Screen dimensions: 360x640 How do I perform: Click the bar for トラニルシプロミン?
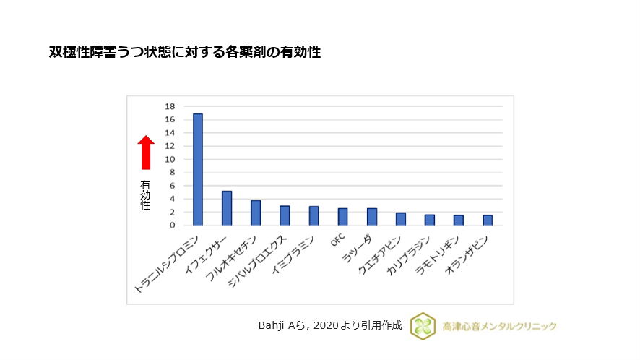pos(197,169)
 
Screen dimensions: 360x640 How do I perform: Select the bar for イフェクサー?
pos(227,208)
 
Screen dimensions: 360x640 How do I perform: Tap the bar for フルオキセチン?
pos(256,213)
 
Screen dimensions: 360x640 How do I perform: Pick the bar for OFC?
pos(342,217)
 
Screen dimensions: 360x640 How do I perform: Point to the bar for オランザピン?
pos(488,220)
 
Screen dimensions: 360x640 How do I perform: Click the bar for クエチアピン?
pos(401,219)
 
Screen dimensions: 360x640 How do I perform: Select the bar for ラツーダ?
pos(371,217)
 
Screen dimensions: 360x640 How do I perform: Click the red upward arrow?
pos(146,152)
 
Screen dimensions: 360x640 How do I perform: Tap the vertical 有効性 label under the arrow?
pos(145,195)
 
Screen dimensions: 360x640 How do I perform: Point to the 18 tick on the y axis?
pos(170,106)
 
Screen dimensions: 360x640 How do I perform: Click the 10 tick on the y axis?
pos(170,159)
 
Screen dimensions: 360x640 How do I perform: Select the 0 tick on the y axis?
pos(172,226)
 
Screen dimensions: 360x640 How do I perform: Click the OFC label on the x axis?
pos(338,241)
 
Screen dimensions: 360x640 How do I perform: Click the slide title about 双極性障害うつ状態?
pos(184,53)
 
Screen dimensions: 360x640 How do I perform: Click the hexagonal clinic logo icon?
pos(423,326)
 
